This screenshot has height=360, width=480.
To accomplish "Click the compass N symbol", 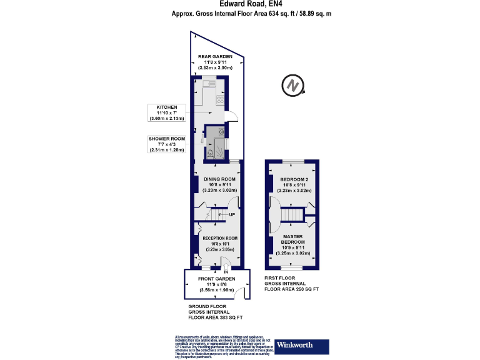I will coord(292,86).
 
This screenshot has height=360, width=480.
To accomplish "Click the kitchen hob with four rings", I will coord(220,99).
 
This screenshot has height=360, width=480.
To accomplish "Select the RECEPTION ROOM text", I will coord(216,238).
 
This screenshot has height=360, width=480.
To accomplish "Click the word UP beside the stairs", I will coord(232,215).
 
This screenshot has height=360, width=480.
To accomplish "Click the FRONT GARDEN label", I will coord(216,279).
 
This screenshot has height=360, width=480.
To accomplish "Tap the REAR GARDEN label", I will coord(216,57).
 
